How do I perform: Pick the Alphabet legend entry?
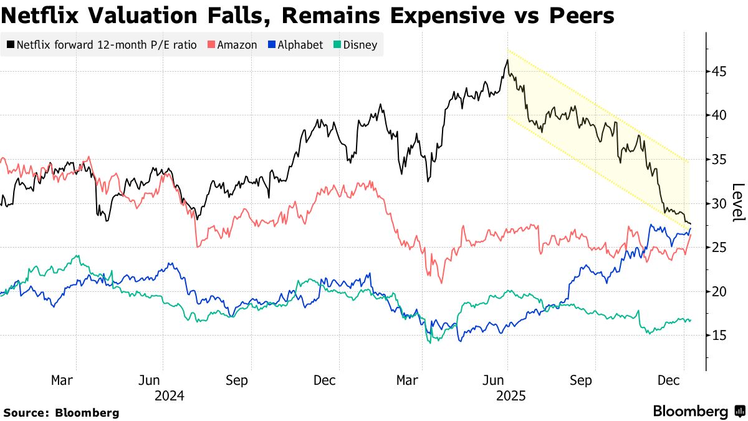[300, 45]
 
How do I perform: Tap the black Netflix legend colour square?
[11, 45]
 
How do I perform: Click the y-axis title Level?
[738, 203]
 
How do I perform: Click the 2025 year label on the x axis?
[511, 395]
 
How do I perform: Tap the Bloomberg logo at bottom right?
[698, 412]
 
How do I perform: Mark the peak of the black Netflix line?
[507, 60]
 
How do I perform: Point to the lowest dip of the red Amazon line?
[442, 283]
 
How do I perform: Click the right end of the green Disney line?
[690, 321]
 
